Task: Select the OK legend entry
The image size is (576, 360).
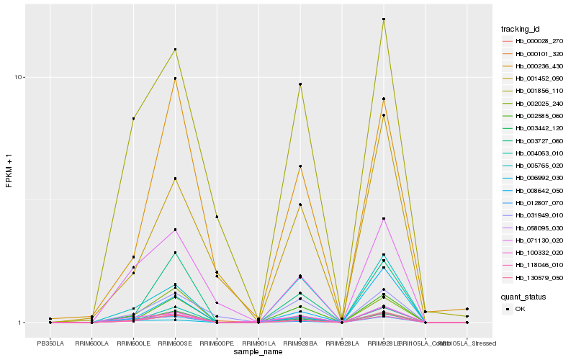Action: click(520, 309)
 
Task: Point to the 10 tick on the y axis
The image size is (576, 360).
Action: click(21, 78)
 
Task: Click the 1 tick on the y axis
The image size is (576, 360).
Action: click(23, 323)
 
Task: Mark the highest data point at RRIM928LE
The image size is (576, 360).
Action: click(384, 19)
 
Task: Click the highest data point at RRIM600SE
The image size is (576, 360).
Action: click(175, 50)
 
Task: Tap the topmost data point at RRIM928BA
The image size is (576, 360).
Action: click(300, 84)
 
